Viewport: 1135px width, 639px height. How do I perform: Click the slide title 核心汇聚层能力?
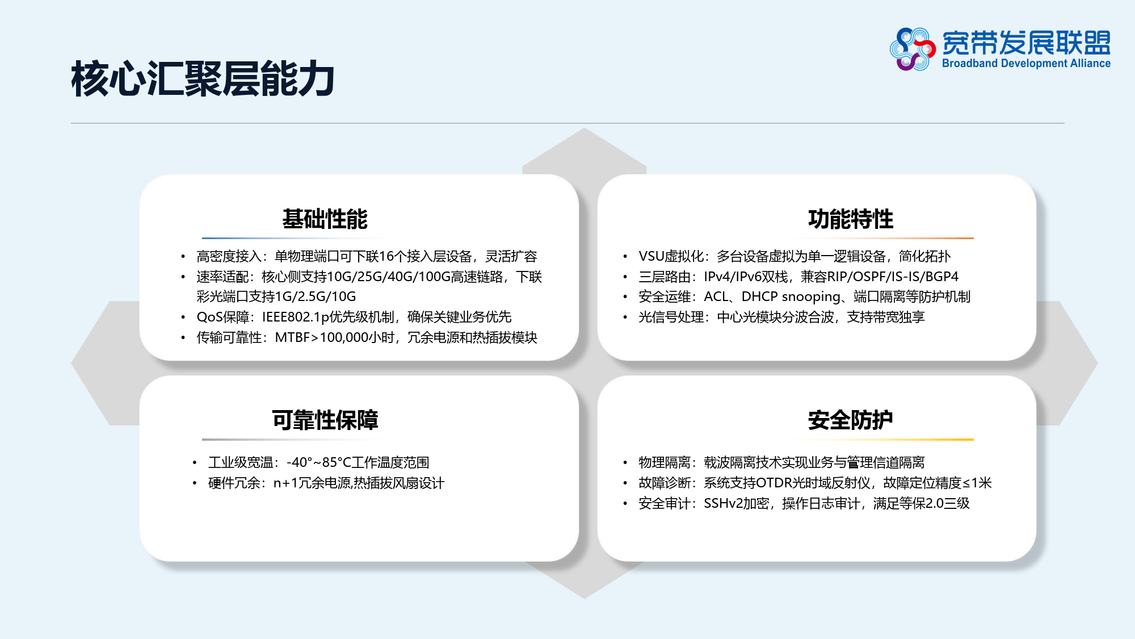203,79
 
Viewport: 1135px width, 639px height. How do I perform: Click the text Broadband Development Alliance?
1026,64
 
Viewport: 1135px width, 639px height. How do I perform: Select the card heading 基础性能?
325,219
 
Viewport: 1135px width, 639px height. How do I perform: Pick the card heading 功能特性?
851,219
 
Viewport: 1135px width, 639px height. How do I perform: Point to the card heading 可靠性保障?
325,420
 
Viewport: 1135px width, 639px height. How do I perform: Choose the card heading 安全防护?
851,420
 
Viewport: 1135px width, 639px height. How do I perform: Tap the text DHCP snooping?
791,296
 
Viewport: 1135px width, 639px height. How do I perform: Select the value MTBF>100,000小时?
335,337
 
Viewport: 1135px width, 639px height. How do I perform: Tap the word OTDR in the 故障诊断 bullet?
774,483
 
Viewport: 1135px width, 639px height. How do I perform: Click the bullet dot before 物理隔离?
625,463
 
